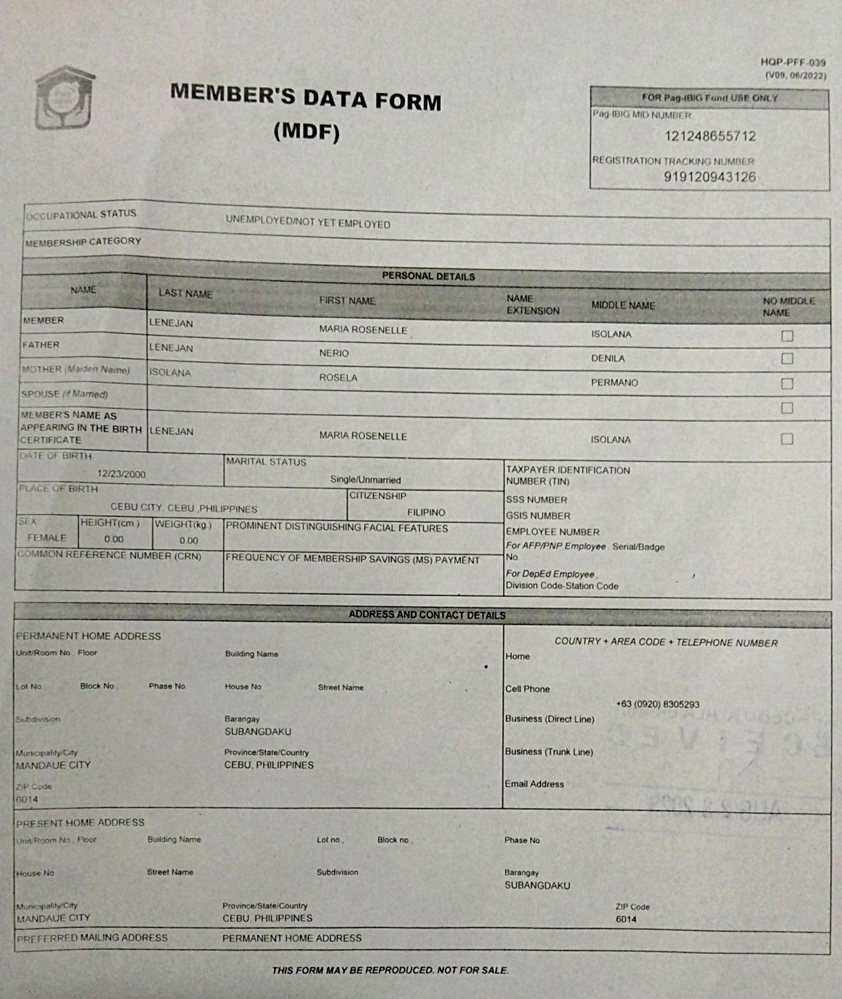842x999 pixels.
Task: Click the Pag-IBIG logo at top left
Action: pyautogui.click(x=65, y=98)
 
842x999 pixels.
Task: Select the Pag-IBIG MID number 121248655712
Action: pyautogui.click(x=710, y=136)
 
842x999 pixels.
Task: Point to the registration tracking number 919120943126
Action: pyautogui.click(x=710, y=177)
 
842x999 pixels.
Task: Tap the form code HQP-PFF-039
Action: pyautogui.click(x=793, y=63)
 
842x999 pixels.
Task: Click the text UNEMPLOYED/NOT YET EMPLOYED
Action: pyautogui.click(x=308, y=222)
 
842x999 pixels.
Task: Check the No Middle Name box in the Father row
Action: pyautogui.click(x=787, y=358)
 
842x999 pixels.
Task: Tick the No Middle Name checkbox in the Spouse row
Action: pyautogui.click(x=787, y=408)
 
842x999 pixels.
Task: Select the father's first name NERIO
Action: pyautogui.click(x=334, y=353)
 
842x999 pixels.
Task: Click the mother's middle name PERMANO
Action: pyautogui.click(x=614, y=383)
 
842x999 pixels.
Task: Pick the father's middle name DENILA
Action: pyautogui.click(x=608, y=358)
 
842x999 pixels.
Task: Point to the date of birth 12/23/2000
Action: pyautogui.click(x=121, y=474)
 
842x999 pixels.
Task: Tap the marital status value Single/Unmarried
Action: pyautogui.click(x=365, y=480)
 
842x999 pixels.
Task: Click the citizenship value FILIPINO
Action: pyautogui.click(x=426, y=512)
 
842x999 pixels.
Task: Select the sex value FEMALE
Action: pyautogui.click(x=47, y=538)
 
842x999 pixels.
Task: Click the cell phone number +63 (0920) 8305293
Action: pyautogui.click(x=657, y=705)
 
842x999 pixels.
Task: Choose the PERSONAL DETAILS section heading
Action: pyautogui.click(x=428, y=276)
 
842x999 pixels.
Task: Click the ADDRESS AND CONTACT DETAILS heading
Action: pyautogui.click(x=427, y=615)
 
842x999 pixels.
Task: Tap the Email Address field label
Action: pyautogui.click(x=534, y=784)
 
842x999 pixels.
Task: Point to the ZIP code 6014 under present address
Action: pyautogui.click(x=626, y=919)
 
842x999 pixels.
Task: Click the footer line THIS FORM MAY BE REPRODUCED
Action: pyautogui.click(x=390, y=971)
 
